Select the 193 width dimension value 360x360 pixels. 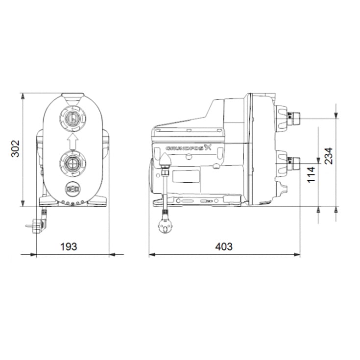68,246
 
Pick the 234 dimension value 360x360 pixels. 329,156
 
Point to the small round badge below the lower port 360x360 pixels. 72,188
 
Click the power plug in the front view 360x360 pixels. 38,225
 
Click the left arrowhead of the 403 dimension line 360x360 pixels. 152,255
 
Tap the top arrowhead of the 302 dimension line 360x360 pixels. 23,95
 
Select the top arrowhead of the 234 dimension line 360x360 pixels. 336,115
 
